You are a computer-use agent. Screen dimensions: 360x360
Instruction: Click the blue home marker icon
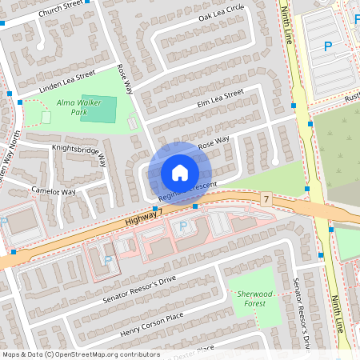click(x=180, y=172)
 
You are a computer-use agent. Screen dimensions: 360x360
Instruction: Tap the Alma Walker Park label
click(x=73, y=108)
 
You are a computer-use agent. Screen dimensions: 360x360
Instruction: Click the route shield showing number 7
click(x=265, y=197)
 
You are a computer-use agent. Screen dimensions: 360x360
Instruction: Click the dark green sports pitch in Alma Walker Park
click(x=98, y=108)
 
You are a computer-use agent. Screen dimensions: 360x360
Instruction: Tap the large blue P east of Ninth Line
click(x=327, y=47)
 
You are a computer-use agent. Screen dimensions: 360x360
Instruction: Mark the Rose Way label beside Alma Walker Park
click(x=124, y=82)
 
